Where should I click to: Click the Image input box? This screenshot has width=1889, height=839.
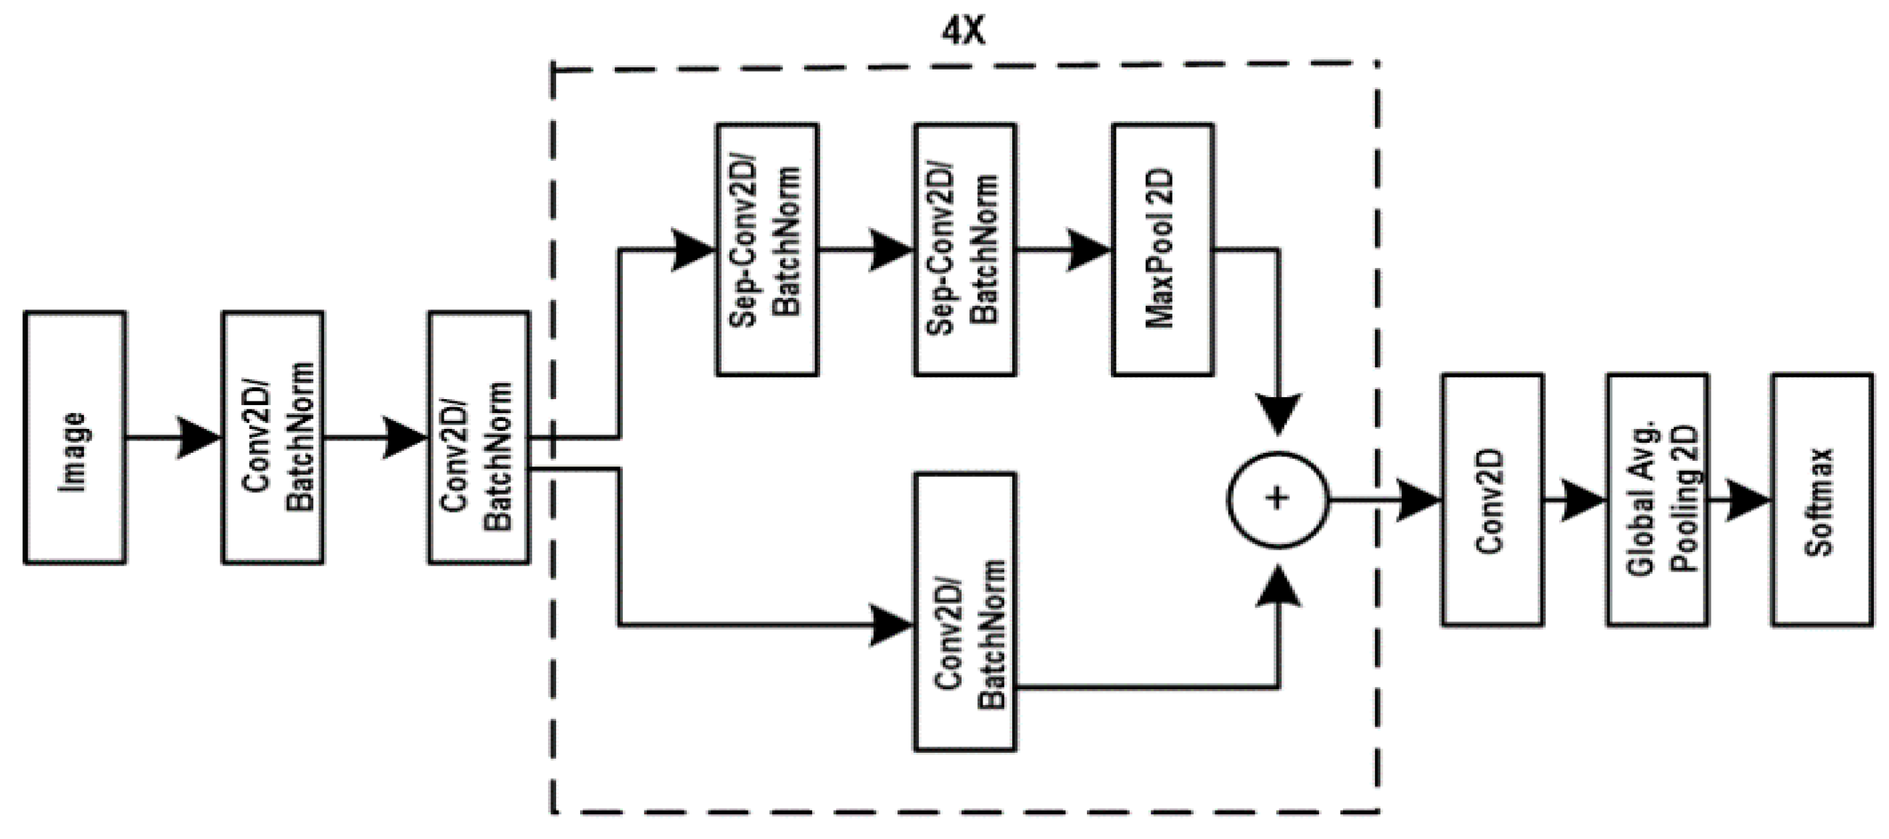pos(75,438)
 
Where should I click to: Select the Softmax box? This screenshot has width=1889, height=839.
pos(1822,500)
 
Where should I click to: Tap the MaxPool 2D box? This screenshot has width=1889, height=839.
pos(1163,249)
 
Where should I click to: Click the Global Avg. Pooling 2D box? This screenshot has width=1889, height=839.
pos(1657,500)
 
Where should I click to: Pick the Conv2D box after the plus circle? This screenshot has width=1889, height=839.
pos(1492,500)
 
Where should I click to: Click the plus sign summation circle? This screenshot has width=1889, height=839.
pos(1278,499)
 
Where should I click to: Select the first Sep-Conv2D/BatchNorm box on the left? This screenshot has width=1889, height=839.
pos(767,249)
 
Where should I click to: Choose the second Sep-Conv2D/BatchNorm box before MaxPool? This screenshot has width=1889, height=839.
pos(965,249)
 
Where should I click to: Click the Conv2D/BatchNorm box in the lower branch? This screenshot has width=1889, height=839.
pos(965,611)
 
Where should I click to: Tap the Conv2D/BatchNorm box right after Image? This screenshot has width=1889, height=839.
pos(273,438)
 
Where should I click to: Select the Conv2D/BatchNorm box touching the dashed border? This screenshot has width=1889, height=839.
pos(479,438)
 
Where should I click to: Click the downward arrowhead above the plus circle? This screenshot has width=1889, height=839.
pos(1278,414)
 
